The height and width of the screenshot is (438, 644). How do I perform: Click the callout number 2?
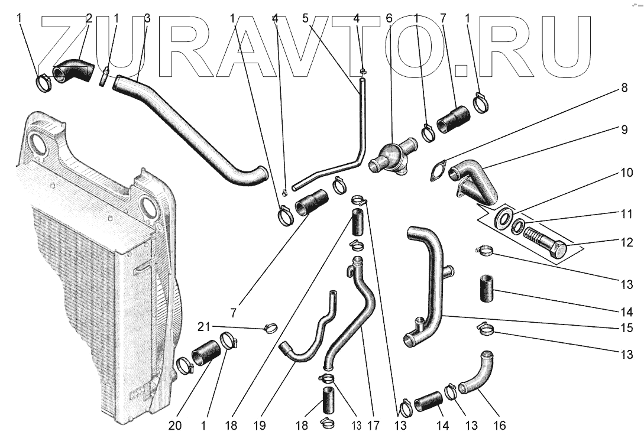click(x=89, y=18)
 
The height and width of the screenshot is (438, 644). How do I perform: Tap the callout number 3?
click(x=147, y=18)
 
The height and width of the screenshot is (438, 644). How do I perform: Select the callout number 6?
click(x=389, y=18)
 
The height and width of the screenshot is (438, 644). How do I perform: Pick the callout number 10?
click(x=626, y=174)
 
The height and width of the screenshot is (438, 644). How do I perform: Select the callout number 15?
click(x=626, y=327)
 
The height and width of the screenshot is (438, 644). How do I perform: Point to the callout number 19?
click(x=259, y=424)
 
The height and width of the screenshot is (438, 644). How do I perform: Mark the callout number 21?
click(x=203, y=326)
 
